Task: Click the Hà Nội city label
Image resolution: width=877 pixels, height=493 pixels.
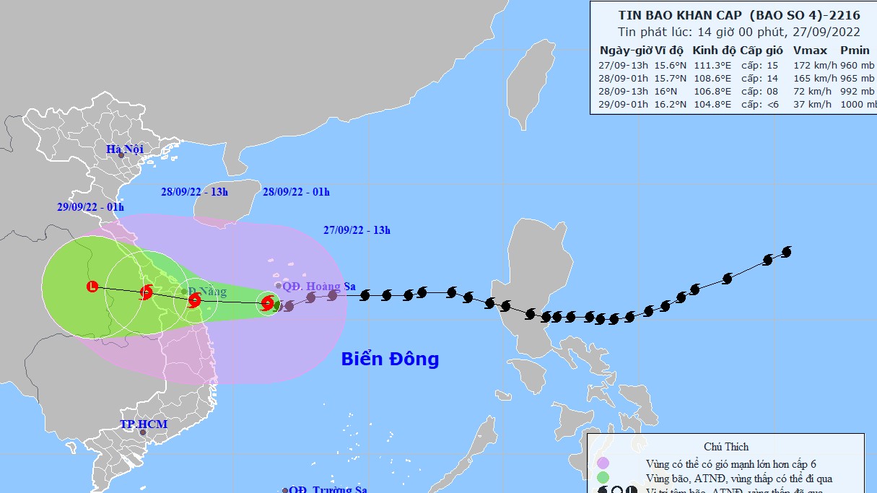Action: pos(125,149)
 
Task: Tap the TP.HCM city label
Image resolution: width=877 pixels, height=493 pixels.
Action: pos(144,424)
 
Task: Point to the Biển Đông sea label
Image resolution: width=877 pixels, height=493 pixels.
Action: pos(390,359)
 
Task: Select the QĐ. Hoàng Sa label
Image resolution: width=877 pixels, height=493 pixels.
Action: pos(319,287)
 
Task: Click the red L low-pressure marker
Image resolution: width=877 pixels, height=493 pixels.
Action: pos(92,287)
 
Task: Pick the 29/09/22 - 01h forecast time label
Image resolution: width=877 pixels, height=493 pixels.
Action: pos(91,207)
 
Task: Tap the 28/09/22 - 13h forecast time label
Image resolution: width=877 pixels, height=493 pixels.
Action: pos(194,192)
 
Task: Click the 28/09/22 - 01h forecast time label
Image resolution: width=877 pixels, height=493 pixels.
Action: pos(296,192)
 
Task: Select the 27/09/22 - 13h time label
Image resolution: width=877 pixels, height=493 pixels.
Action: pos(357,231)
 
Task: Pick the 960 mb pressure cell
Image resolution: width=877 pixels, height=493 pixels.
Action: pos(858,64)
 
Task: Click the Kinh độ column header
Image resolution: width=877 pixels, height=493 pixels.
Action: pos(714,51)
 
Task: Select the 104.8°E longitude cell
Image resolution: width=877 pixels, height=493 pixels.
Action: pos(712,104)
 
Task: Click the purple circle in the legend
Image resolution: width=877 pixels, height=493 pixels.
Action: pos(603,463)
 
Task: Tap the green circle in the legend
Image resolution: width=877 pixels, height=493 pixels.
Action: pos(603,477)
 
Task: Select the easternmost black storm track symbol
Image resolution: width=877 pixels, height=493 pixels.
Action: pos(787,251)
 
